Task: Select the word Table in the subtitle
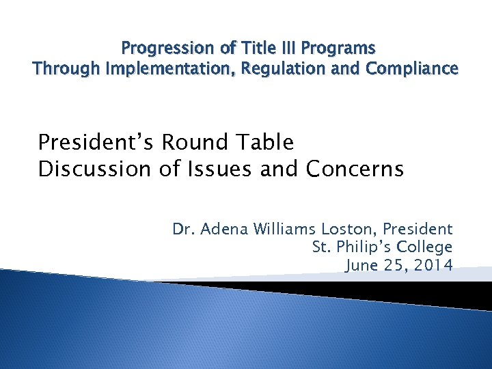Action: [262, 143]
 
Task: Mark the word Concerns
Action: [355, 169]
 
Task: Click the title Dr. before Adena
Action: [182, 230]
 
